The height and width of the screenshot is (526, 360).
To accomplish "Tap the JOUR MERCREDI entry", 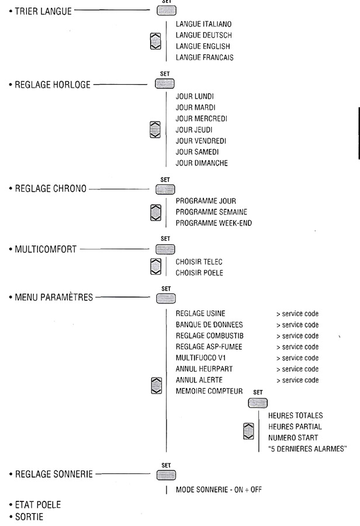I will tap(202, 119).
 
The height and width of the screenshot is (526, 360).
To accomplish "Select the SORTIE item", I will tap(26, 515).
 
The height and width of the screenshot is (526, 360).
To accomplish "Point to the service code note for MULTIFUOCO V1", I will tap(297, 358).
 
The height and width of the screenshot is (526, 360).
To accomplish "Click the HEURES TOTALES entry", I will tap(295, 416).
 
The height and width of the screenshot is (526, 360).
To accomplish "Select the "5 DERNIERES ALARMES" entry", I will tap(307, 448).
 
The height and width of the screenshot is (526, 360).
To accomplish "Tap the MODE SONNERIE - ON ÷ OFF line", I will tap(219, 489).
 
